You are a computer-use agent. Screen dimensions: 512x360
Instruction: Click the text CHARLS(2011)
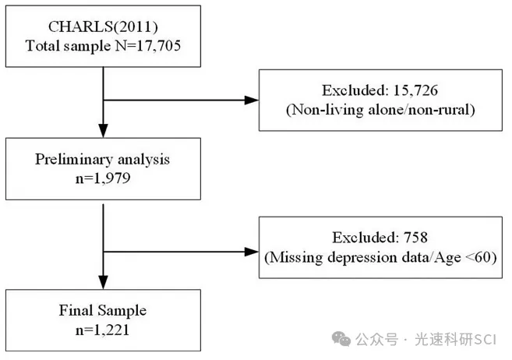click(103, 26)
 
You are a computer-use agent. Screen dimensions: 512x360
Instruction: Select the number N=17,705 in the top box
click(148, 45)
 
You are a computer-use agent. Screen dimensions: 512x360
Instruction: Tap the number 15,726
click(415, 90)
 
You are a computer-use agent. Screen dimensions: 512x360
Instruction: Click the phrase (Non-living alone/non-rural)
click(380, 110)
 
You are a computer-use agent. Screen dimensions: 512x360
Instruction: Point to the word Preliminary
click(74, 160)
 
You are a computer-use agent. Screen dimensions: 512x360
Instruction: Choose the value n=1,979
click(103, 178)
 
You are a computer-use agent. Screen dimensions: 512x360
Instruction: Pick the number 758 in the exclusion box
click(415, 238)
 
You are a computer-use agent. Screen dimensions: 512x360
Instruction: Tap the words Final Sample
click(103, 310)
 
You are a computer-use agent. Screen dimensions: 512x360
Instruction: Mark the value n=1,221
click(103, 330)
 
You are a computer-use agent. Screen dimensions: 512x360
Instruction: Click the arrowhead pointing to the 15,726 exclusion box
click(252, 101)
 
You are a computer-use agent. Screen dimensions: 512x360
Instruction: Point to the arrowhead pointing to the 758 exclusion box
click(252, 252)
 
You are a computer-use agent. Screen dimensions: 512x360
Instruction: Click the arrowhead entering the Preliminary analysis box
click(103, 131)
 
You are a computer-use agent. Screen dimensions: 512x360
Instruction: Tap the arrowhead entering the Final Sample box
click(103, 282)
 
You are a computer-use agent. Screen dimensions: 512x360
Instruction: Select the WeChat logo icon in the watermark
click(341, 339)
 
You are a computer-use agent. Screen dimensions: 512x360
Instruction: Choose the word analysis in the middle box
click(143, 160)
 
